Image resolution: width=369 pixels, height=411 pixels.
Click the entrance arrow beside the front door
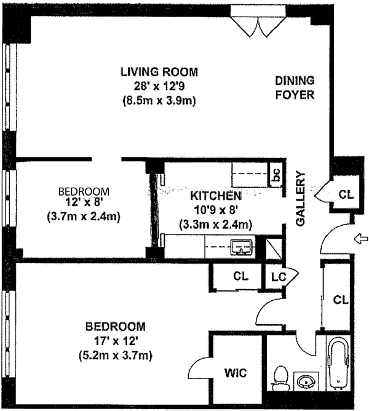[361, 239]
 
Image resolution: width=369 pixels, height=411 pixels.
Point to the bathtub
[338, 362]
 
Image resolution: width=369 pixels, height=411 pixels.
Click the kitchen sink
[242, 247]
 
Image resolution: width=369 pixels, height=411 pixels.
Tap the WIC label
[236, 373]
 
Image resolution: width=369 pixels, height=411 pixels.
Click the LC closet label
[279, 277]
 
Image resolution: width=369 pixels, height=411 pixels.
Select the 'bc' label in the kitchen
[276, 175]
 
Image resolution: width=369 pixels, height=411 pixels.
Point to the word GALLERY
[300, 198]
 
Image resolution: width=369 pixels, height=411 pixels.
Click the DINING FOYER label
[295, 87]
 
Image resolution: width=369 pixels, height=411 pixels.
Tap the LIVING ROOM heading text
[159, 72]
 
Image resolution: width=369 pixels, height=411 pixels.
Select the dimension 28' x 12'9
[159, 86]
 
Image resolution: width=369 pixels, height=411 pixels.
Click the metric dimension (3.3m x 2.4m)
[215, 225]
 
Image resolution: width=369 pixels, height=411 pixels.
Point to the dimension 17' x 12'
[116, 341]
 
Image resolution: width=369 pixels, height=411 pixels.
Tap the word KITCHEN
[216, 196]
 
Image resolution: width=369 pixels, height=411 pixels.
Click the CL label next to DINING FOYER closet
[346, 194]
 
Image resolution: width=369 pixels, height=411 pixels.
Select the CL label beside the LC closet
[241, 276]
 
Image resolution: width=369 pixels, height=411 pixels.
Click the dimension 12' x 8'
[84, 202]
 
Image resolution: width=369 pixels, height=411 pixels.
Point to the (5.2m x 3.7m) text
[116, 356]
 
